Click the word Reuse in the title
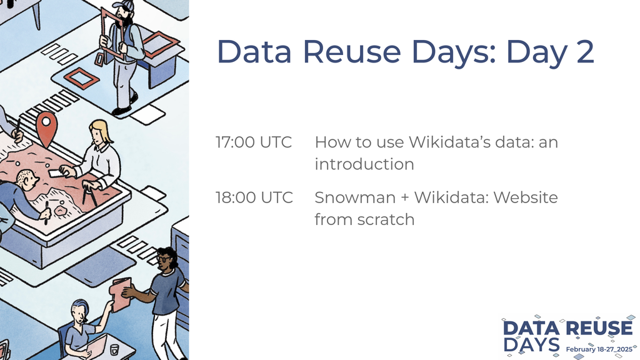tap(352, 51)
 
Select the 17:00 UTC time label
tap(254, 142)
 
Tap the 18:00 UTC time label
tap(254, 197)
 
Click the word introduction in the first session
tap(364, 164)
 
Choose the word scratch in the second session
tap(386, 219)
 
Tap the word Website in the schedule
tap(525, 197)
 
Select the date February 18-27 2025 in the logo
tap(599, 349)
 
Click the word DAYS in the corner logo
tap(531, 345)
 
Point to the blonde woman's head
tap(99, 132)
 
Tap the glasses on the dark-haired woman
tap(163, 259)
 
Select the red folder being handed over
tap(121, 294)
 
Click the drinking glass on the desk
tap(114, 349)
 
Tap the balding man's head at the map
tap(27, 180)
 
